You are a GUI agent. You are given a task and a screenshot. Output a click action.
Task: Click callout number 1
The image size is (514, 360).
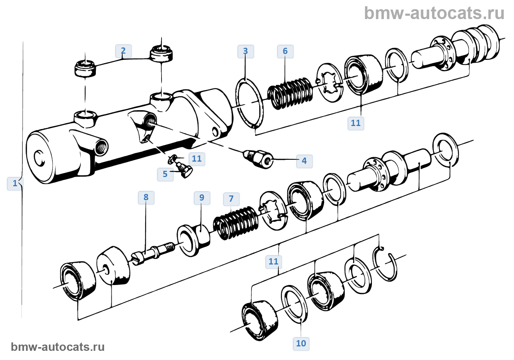point(15,183)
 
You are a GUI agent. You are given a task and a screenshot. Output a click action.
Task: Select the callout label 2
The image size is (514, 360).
point(123,51)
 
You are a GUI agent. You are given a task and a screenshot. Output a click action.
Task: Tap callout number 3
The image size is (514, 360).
point(246,51)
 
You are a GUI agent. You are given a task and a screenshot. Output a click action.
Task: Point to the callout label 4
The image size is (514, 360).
point(304,161)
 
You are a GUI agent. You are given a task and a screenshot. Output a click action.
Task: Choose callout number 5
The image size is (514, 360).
point(165,174)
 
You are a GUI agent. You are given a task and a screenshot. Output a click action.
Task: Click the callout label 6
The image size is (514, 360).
point(285,51)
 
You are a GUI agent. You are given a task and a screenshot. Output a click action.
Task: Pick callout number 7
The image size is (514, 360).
point(231,199)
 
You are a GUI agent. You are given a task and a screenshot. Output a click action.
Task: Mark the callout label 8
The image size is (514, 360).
point(146,197)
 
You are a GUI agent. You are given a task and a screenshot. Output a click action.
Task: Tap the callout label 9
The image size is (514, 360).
point(202,198)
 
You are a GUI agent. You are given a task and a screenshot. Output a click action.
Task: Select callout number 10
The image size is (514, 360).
point(301,343)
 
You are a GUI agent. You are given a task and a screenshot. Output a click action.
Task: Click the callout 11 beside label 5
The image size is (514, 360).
point(197,159)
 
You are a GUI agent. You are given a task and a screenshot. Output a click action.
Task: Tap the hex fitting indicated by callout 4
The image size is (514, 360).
point(259,158)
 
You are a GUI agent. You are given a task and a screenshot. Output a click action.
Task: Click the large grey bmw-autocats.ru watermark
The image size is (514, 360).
point(434,13)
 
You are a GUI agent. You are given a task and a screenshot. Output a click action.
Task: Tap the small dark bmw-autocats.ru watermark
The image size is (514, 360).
point(58,347)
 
